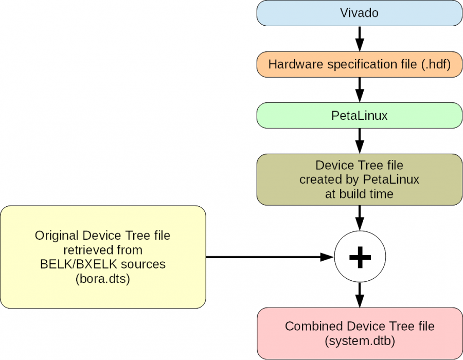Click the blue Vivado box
pyautogui.click(x=360, y=13)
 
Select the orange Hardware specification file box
pyautogui.click(x=360, y=64)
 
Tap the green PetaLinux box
pyautogui.click(x=360, y=116)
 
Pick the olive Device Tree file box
pyautogui.click(x=360, y=179)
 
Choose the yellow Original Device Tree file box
pyautogui.click(x=103, y=257)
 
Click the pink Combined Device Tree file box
pyautogui.click(x=360, y=333)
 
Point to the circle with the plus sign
pyautogui.click(x=360, y=257)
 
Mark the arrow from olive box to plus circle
pyautogui.click(x=360, y=218)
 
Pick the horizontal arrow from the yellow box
pyautogui.click(x=268, y=257)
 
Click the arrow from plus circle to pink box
pyautogui.click(x=360, y=295)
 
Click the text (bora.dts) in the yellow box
pyautogui.click(x=103, y=279)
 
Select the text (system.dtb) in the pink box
pyautogui.click(x=360, y=340)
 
